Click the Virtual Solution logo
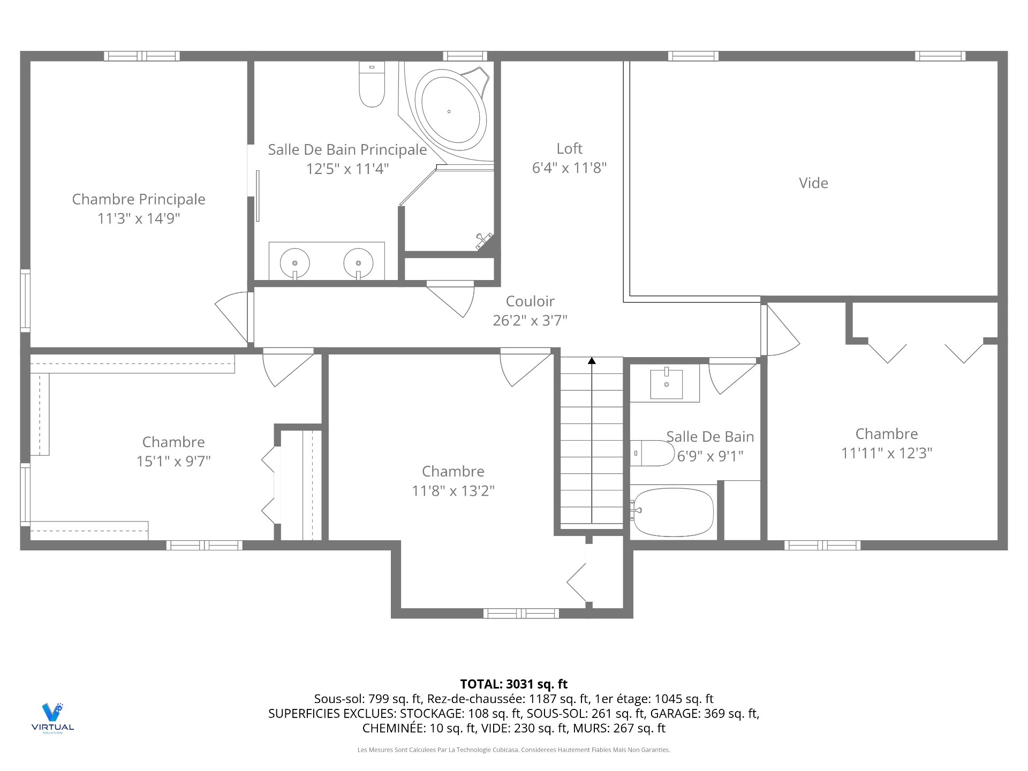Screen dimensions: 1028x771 [x=52, y=718]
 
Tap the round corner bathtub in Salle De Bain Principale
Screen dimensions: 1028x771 [x=451, y=111]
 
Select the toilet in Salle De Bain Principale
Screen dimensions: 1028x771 [x=372, y=84]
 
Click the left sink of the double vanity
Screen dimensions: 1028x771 [x=294, y=263]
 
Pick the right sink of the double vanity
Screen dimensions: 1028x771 [x=358, y=263]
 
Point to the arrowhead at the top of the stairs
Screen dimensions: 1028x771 [x=592, y=361]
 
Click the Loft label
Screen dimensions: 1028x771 [x=569, y=148]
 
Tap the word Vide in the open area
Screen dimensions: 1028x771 [x=813, y=183]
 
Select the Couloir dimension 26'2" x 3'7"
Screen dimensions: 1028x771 [x=530, y=320]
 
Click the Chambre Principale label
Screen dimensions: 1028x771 [x=139, y=199]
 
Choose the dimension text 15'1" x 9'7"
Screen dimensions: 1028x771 [x=173, y=461]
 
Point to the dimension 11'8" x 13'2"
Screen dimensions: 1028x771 [x=453, y=490]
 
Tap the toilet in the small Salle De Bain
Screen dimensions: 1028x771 [x=652, y=453]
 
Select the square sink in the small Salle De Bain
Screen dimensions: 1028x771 [x=666, y=384]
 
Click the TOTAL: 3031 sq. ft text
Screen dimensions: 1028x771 [x=514, y=684]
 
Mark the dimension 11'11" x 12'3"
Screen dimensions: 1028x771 [x=887, y=453]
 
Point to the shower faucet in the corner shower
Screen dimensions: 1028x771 [x=484, y=241]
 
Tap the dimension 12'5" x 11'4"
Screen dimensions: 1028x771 [x=347, y=169]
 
